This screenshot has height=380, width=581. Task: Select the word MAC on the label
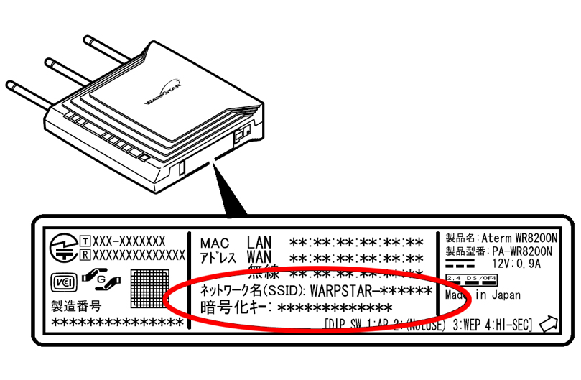(x=215, y=243)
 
